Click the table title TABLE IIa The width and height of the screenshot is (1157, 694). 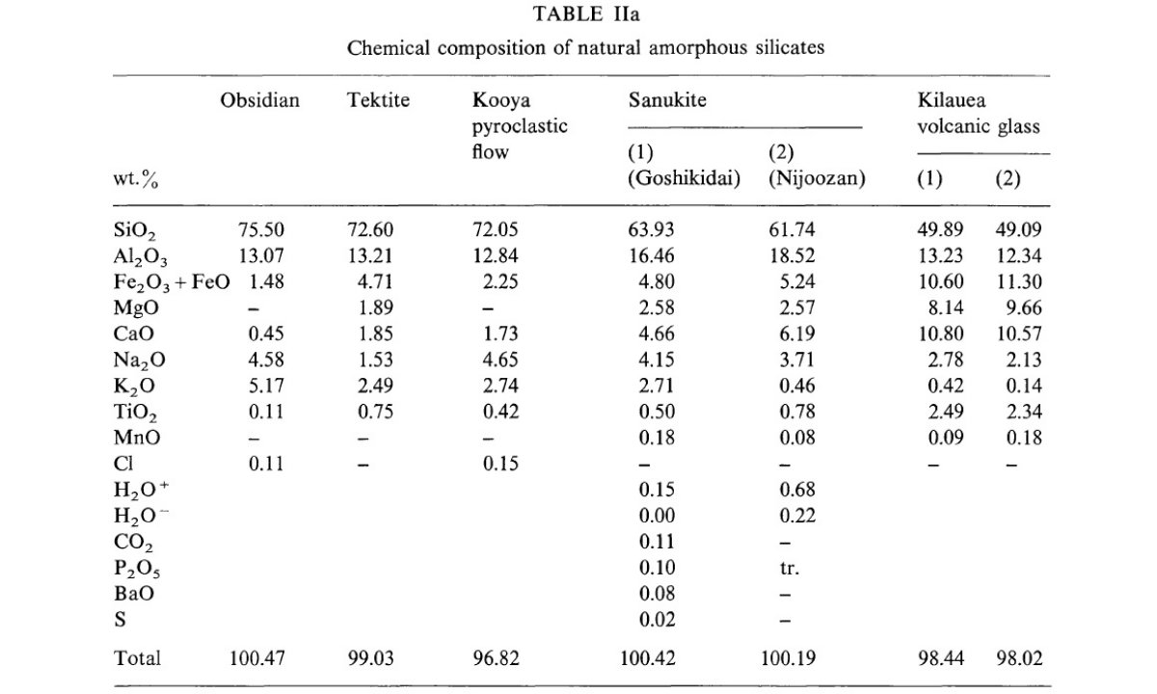[586, 13]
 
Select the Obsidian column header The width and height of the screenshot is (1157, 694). [259, 99]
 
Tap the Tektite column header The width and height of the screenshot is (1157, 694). [378, 99]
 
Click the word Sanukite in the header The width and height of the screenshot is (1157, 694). [667, 99]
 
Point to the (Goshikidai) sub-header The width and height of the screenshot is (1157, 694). [685, 178]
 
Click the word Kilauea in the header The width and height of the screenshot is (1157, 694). [952, 99]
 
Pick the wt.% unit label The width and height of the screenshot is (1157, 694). [136, 179]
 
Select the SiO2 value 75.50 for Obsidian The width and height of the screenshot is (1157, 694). [261, 229]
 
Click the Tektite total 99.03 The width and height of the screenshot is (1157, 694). [370, 658]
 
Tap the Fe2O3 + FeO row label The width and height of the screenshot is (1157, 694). [172, 282]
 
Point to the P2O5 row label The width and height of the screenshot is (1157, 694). [137, 569]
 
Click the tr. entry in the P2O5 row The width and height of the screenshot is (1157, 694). [790, 568]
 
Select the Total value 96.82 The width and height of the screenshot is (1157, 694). [496, 658]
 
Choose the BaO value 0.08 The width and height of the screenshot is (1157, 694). [657, 594]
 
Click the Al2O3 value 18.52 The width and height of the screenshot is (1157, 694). [793, 255]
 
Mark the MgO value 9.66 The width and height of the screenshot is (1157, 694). [1024, 307]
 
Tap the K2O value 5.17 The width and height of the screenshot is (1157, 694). [266, 386]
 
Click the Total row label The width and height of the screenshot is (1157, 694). [137, 658]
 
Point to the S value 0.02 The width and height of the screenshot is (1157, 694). [657, 620]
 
